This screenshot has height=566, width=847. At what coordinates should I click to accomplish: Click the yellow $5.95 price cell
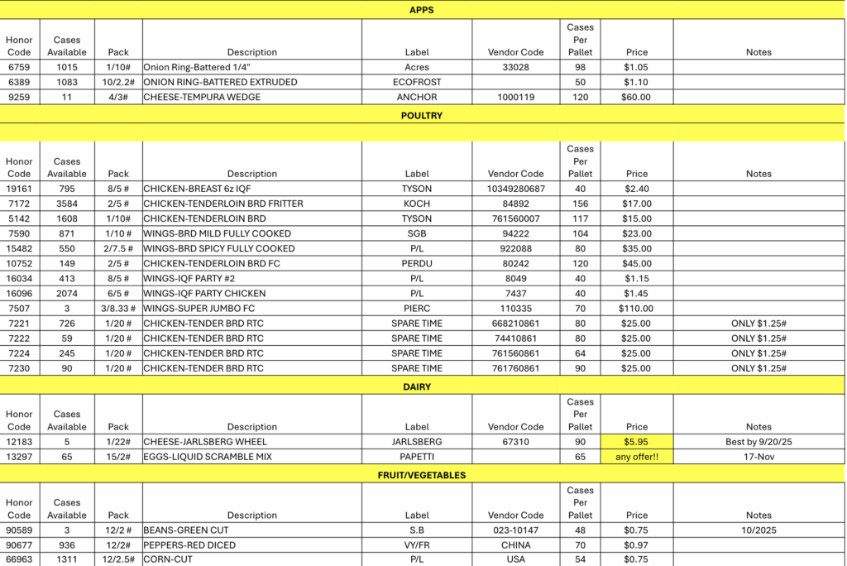point(637,442)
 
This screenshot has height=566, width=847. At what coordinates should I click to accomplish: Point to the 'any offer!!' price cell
point(637,457)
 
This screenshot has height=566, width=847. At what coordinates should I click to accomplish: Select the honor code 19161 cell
point(19,189)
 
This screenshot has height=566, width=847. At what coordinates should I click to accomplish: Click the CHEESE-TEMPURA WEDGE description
point(202,97)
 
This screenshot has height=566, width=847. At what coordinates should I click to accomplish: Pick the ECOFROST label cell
point(417,82)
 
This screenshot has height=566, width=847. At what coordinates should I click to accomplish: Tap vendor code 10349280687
point(515,189)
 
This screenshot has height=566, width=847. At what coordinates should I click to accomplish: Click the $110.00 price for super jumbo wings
point(637,308)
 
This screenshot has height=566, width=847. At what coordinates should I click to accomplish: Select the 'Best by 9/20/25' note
point(758,442)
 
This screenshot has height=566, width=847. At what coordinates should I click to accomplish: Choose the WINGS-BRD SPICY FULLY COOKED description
point(219,248)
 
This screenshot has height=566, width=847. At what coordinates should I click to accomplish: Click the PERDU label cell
point(417,263)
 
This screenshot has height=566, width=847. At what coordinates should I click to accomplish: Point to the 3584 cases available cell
point(67,204)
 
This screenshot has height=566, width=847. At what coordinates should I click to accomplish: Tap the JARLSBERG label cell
point(417,442)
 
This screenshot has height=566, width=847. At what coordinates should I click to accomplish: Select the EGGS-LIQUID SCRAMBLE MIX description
point(208,457)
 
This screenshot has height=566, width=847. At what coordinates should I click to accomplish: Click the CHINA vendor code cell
point(515,545)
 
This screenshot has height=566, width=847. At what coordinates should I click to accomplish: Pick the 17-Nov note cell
point(758,457)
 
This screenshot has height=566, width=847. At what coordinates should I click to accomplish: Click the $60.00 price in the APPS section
point(637,97)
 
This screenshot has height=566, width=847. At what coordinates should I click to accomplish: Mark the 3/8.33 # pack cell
point(118,308)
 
